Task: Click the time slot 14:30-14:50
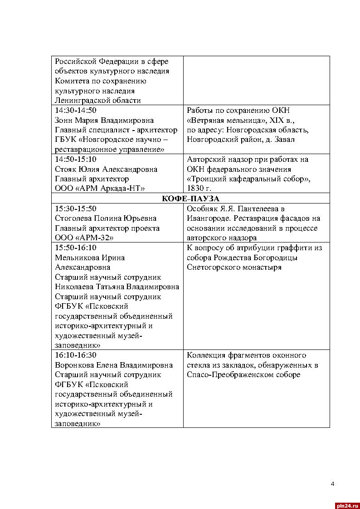point(76,110)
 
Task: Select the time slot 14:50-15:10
point(76,160)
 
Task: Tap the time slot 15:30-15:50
point(76,208)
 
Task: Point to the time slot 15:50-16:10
point(76,248)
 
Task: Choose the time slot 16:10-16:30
point(76,355)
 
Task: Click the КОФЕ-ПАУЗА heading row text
point(190,199)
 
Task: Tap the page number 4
point(332,484)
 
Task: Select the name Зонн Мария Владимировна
point(104,120)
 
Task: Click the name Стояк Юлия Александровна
point(106,169)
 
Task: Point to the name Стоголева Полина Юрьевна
point(106,218)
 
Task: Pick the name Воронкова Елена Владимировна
point(114,365)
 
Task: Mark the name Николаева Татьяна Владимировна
point(117,287)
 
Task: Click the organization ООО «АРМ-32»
point(84,238)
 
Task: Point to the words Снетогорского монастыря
point(234,267)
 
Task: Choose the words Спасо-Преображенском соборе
point(243,375)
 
